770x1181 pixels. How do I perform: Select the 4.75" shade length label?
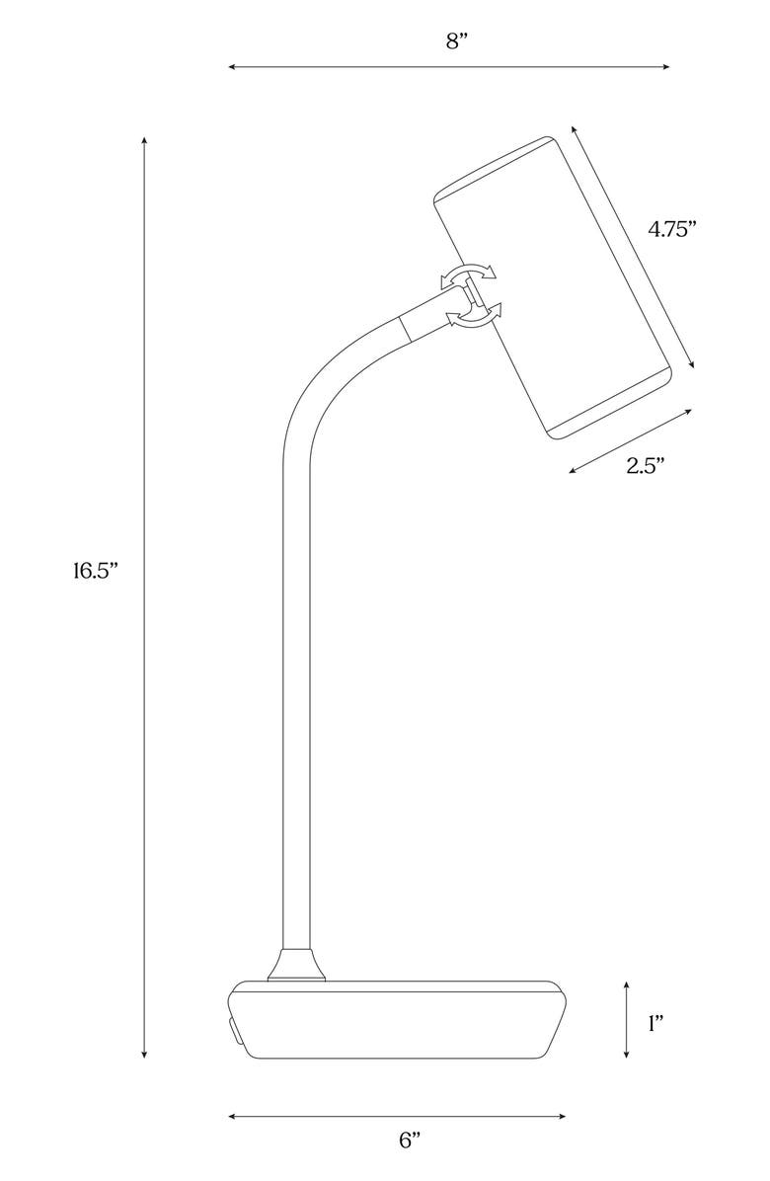coord(672,229)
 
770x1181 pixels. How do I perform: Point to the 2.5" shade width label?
coord(645,466)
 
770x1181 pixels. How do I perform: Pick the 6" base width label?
coord(410,1140)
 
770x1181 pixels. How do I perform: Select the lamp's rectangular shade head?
coord(553,286)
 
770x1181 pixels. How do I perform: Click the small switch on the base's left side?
coord(231,1031)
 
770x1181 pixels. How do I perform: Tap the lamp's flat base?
coord(395,1022)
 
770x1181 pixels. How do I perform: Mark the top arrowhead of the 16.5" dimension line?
coord(145,139)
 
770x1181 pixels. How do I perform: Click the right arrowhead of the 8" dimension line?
coord(666,67)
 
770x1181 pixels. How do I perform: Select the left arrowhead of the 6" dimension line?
coord(232,1117)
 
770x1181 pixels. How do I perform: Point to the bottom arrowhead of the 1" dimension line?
coord(627,1056)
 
